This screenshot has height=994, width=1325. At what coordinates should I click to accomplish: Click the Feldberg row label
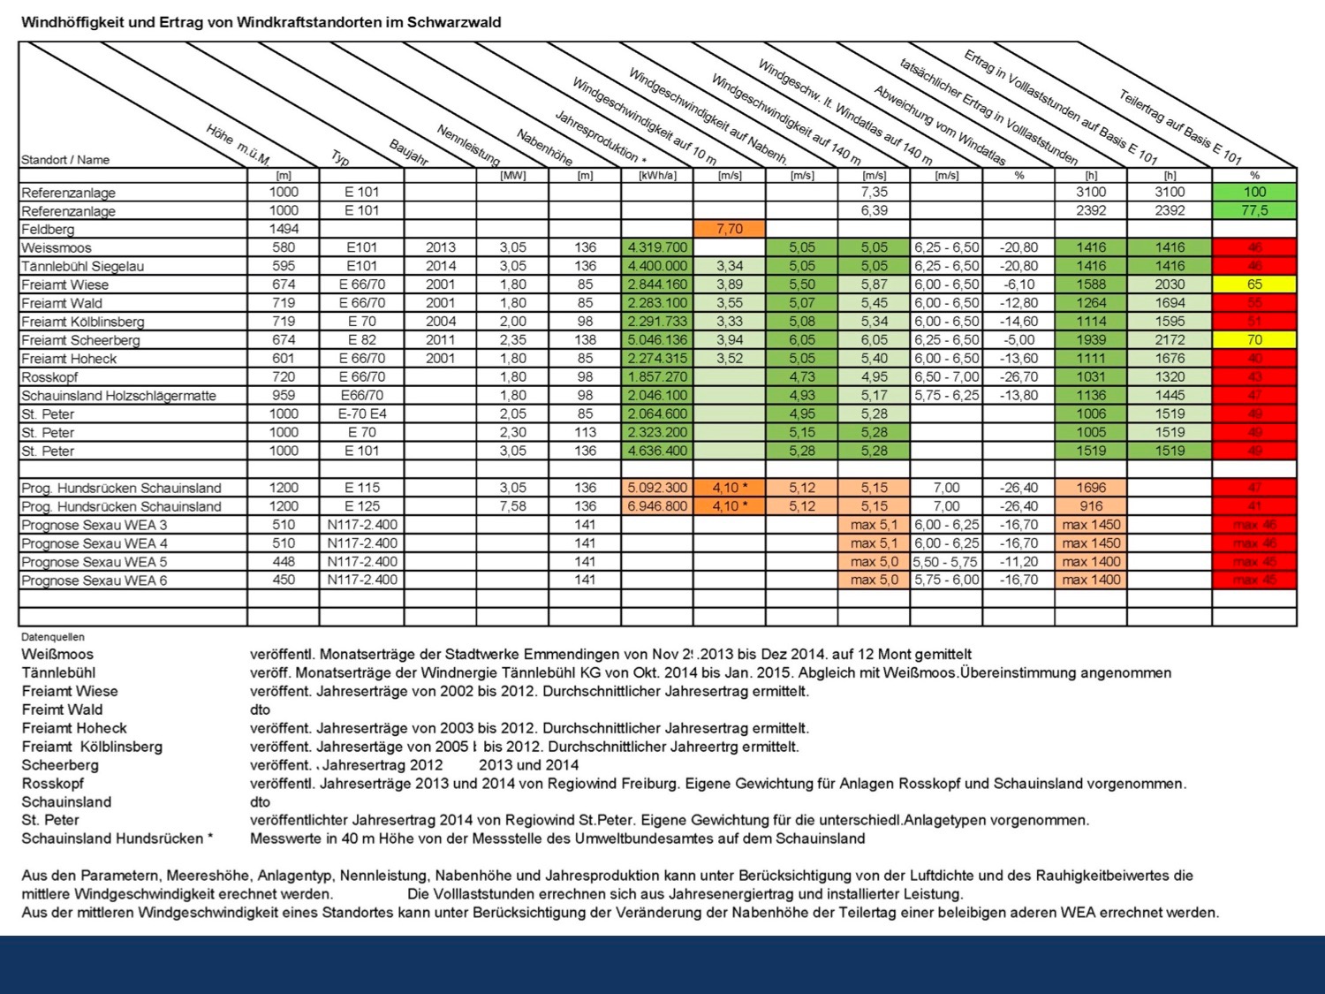pyautogui.click(x=49, y=230)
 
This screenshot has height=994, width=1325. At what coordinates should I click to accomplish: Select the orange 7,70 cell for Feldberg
pyautogui.click(x=730, y=229)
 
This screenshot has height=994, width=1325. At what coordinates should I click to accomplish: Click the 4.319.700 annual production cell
pyautogui.click(x=657, y=247)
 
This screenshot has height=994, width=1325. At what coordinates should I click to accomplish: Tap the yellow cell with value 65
pyautogui.click(x=1254, y=285)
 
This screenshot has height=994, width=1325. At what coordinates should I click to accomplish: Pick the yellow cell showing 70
pyautogui.click(x=1254, y=340)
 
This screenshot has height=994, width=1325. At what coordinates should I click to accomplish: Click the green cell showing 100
pyautogui.click(x=1254, y=192)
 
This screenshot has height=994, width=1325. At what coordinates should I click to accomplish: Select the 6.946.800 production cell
pyautogui.click(x=657, y=506)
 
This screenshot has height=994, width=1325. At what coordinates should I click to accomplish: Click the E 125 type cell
pyautogui.click(x=362, y=506)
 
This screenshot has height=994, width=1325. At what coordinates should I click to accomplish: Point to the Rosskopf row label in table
pyautogui.click(x=50, y=377)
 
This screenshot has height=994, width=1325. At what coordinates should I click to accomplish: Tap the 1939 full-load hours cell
pyautogui.click(x=1091, y=340)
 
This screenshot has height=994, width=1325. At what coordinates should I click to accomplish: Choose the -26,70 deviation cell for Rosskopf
pyautogui.click(x=1018, y=377)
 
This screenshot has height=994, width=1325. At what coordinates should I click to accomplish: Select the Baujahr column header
pyautogui.click(x=409, y=152)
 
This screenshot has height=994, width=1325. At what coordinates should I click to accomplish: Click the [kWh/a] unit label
pyautogui.click(x=657, y=176)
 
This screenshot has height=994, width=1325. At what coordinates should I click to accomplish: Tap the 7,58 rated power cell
pyautogui.click(x=512, y=506)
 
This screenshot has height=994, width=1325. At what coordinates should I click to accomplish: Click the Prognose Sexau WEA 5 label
pyautogui.click(x=95, y=562)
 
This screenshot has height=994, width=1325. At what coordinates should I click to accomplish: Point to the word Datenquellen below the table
pyautogui.click(x=53, y=637)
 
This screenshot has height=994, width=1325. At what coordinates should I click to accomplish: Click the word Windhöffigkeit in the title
pyautogui.click(x=73, y=23)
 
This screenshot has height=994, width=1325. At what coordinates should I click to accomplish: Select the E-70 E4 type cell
pyautogui.click(x=362, y=414)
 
